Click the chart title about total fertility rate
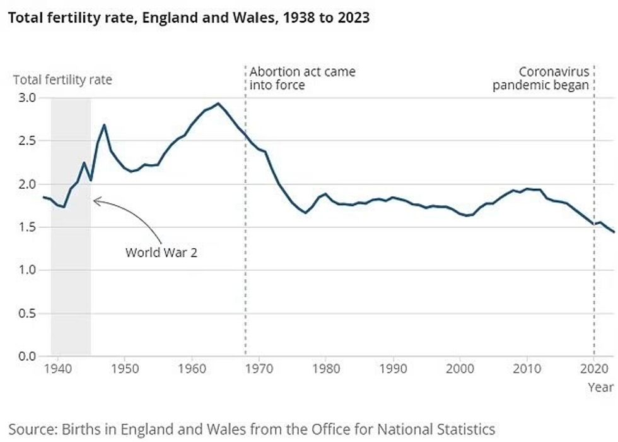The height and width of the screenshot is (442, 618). pos(188,18)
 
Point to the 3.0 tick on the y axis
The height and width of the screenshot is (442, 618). pos(26,98)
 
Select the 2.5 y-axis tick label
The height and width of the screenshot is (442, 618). pos(26,141)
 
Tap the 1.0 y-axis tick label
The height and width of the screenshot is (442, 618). pos(26,270)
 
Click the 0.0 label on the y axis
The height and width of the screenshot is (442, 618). pos(26,356)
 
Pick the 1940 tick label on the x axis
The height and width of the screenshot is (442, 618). pos(57,369)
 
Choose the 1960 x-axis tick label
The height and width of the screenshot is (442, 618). pos(192,369)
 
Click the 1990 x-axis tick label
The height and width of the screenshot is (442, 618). pos(393,369)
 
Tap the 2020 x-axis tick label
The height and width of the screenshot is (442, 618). pos(593,369)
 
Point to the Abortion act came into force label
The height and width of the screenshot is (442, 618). pos(302,78)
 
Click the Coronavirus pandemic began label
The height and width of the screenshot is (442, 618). pos(540,78)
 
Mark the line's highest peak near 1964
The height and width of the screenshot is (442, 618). pos(218,104)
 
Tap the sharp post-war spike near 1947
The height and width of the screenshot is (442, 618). pos(104,125)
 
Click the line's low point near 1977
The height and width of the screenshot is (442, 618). pos(305,213)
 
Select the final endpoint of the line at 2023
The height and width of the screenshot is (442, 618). pos(614,232)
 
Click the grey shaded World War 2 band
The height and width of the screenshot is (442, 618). pos(71,284)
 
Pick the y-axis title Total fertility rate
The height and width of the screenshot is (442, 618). pos(62,81)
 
